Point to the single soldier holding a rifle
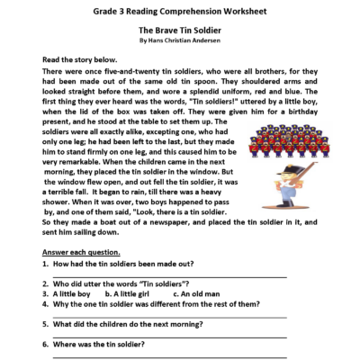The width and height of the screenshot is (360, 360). (x=294, y=190)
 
